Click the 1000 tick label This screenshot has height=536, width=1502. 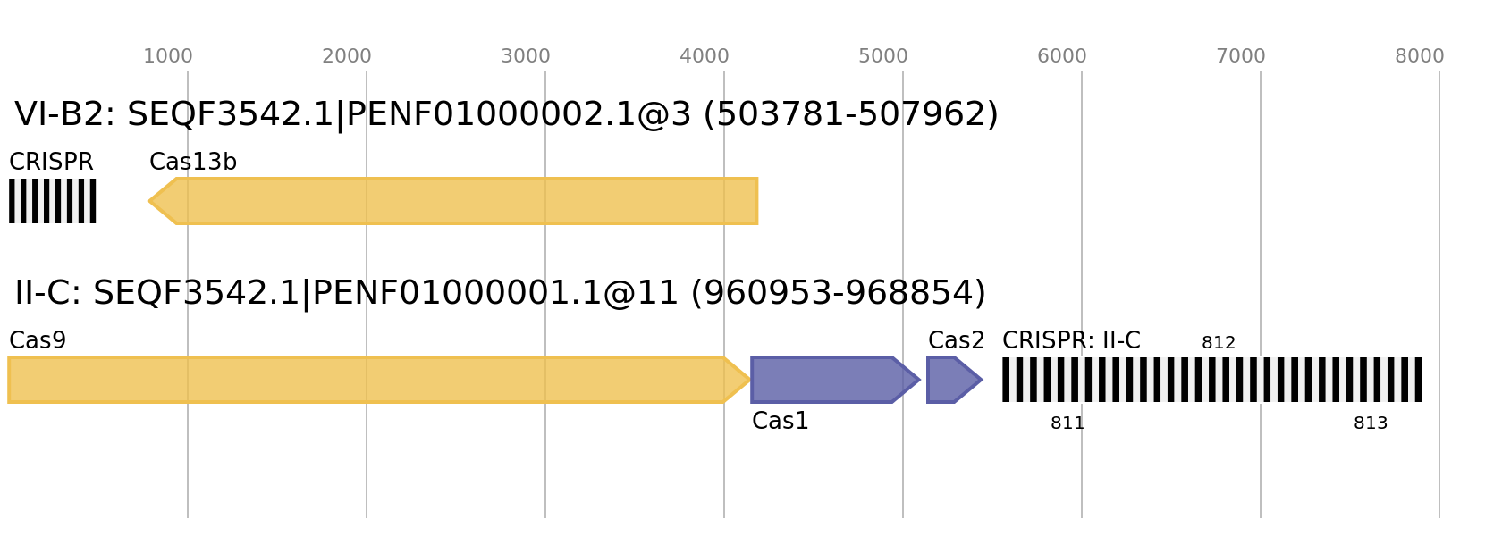(x=168, y=56)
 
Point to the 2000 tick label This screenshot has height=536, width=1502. (x=347, y=56)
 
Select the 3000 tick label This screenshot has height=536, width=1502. (x=526, y=56)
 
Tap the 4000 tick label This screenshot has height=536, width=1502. (x=705, y=56)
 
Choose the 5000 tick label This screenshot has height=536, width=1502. (x=883, y=56)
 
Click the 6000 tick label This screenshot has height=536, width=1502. (x=1062, y=56)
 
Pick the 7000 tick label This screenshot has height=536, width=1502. (x=1241, y=56)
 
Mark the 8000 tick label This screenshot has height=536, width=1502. (x=1420, y=56)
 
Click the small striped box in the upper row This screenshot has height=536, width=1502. (x=53, y=201)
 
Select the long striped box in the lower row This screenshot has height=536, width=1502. (x=1211, y=380)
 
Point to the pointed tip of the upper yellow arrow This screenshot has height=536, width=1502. (x=149, y=201)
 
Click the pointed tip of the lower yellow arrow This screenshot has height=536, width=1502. (x=749, y=380)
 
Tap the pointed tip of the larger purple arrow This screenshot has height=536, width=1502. (x=919, y=380)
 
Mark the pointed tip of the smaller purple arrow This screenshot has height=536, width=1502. (x=982, y=380)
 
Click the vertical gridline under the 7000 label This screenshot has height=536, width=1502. (x=1261, y=465)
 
